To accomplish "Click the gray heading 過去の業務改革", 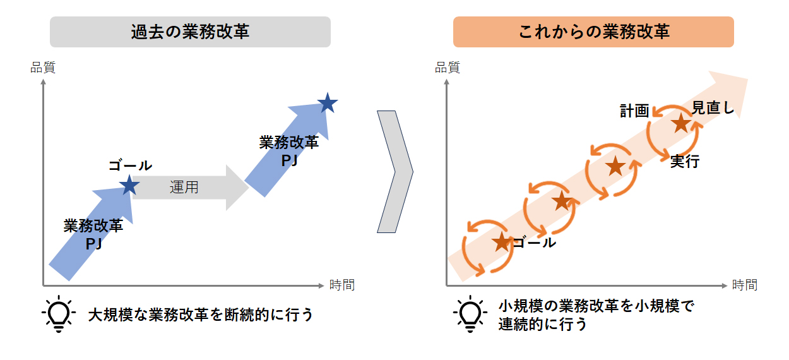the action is [x=190, y=32].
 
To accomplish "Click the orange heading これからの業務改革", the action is [x=593, y=32].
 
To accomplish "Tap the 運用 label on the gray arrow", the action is [x=184, y=187].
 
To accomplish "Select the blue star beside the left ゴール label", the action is [x=129, y=185].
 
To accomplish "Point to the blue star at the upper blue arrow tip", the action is [x=328, y=103].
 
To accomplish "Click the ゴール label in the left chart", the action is [x=130, y=165].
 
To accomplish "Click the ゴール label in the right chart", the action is [x=534, y=243].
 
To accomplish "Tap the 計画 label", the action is [x=634, y=111].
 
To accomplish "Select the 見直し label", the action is [x=713, y=108].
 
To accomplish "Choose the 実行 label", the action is [x=685, y=162].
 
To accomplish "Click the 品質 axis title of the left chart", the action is [x=43, y=68].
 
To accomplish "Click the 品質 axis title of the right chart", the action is [x=448, y=68].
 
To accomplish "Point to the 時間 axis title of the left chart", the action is [x=342, y=285].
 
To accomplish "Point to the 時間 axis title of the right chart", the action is [x=745, y=285].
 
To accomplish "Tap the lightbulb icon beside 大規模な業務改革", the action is [x=59, y=313].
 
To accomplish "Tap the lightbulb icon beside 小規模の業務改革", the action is [x=470, y=313].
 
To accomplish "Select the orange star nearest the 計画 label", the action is [x=681, y=123].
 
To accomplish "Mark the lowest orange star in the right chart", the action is [x=502, y=243].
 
